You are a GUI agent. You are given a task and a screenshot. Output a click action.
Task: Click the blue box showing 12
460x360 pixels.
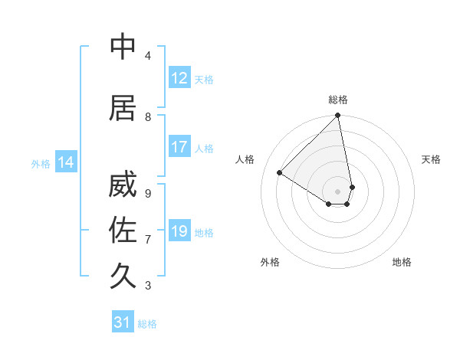pos(179,78)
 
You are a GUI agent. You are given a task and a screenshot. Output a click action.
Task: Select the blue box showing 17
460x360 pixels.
pos(179,148)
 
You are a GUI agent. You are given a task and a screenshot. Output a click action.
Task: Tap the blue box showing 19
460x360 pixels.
pos(179,231)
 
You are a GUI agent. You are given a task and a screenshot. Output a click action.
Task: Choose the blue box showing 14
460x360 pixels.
pos(66,162)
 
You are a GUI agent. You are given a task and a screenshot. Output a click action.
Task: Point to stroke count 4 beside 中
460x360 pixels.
pos(147,56)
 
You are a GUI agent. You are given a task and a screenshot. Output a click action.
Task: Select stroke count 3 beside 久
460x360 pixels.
pos(147,286)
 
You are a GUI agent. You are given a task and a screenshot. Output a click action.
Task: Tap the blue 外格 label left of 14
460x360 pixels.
pos(41,163)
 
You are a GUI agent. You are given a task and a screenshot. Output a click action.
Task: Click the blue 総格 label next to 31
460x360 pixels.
pos(147,323)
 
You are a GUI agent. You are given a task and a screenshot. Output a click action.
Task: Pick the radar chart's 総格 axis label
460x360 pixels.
pos(338,100)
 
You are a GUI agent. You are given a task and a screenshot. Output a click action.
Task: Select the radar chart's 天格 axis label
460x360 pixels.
pos(432,159)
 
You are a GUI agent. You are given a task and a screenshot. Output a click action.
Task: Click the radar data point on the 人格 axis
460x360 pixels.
pos(280,172)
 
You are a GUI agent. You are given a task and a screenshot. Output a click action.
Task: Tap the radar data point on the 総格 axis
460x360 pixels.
pos(338,116)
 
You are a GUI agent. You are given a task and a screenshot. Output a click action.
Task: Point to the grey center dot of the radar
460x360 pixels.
pos(338,191)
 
